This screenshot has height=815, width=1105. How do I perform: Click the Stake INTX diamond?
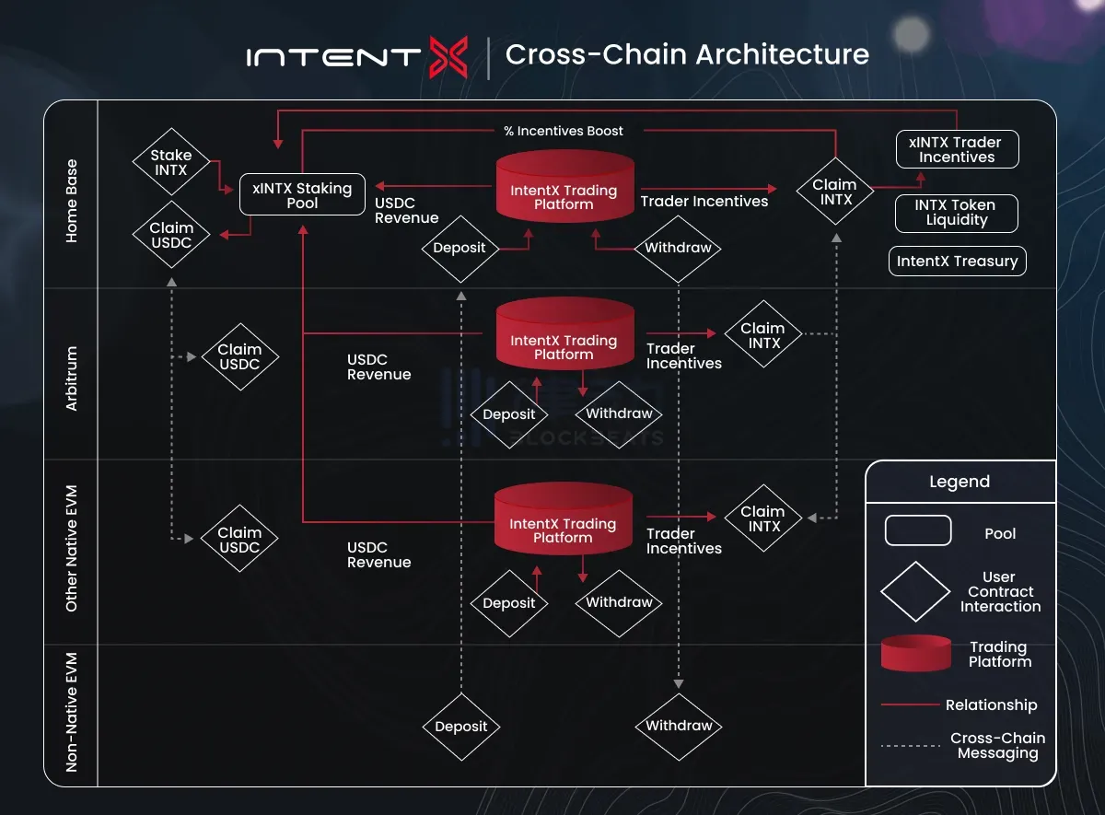point(171,163)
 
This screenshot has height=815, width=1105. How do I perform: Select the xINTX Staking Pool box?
point(302,195)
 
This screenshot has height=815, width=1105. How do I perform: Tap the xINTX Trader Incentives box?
point(957,149)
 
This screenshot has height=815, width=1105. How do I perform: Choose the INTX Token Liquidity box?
point(957,213)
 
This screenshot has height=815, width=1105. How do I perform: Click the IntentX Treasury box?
point(957,262)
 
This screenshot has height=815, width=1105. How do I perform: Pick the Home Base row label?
point(72,202)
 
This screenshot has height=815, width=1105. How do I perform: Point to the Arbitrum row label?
point(72,378)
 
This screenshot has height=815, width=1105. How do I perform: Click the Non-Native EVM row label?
point(72,712)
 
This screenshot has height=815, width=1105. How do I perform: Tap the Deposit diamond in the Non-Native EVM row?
point(460,727)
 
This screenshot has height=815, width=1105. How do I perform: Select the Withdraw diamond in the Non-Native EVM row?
point(679,726)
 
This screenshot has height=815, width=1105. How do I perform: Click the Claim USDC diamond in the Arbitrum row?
point(239,356)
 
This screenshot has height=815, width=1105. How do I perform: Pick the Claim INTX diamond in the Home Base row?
point(835,192)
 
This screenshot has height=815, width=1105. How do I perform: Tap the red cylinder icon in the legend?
point(916,653)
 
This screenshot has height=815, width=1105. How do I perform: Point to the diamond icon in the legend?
point(915,591)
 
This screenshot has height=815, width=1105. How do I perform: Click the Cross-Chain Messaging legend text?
point(997,746)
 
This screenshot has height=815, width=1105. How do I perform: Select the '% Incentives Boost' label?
point(564,131)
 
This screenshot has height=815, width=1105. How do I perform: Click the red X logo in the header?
point(449,56)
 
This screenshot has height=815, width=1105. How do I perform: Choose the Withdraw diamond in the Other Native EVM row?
point(619,602)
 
